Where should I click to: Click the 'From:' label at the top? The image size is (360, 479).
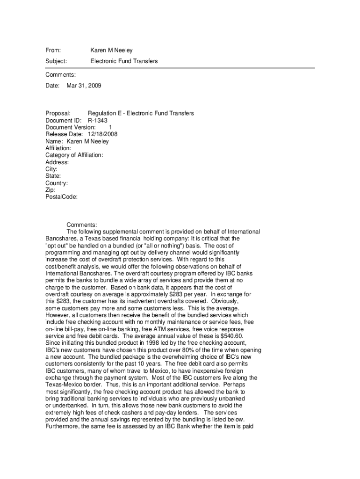(x=53, y=50)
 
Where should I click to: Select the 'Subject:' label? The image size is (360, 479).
(x=56, y=61)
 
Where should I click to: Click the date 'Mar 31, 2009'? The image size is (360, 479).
(x=84, y=86)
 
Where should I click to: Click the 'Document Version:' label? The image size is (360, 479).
(x=71, y=127)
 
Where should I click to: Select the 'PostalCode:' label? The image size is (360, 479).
(x=61, y=197)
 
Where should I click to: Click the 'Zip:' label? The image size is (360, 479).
(x=50, y=190)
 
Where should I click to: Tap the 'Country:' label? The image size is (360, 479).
(x=57, y=183)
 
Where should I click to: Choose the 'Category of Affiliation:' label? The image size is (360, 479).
(x=74, y=155)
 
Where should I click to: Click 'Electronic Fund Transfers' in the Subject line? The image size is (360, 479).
(x=124, y=61)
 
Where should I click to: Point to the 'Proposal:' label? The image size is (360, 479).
(x=58, y=113)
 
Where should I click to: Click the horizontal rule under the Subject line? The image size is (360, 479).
(x=180, y=68)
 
